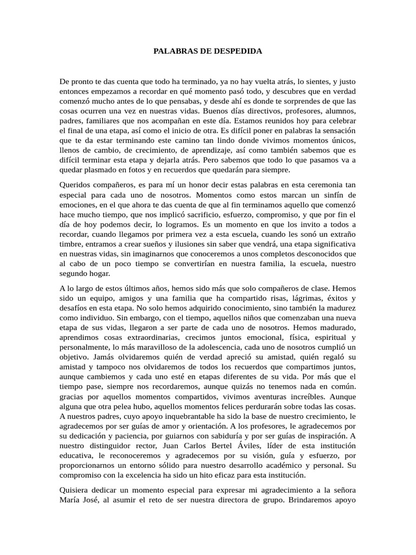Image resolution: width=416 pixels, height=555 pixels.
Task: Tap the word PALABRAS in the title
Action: pos(173,51)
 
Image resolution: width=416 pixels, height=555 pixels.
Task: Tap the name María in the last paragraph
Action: pos(73,500)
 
